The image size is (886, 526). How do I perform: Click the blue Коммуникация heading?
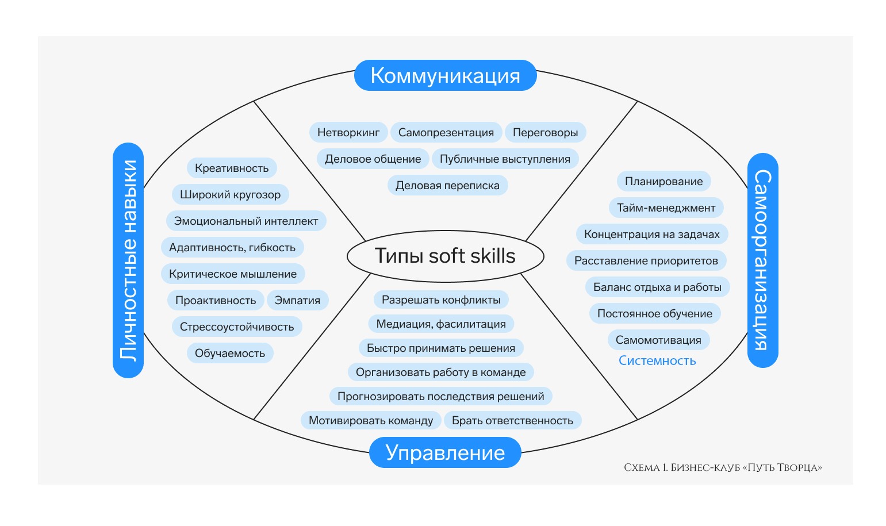pyautogui.click(x=445, y=75)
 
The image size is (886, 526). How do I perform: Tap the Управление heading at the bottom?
pyautogui.click(x=445, y=452)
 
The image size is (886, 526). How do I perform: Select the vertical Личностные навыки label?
pyautogui.click(x=128, y=260)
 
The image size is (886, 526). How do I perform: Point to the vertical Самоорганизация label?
pyautogui.click(x=762, y=260)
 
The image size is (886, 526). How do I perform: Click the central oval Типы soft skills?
pyautogui.click(x=445, y=256)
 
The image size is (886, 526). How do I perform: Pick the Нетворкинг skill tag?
pyautogui.click(x=348, y=133)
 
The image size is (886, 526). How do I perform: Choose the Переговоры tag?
pyautogui.click(x=545, y=133)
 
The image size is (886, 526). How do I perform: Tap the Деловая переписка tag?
pyautogui.click(x=447, y=186)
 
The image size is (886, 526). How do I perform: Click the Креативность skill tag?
pyautogui.click(x=232, y=168)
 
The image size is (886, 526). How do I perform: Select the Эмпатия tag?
pyautogui.click(x=297, y=301)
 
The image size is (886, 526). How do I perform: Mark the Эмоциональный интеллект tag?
pyautogui.click(x=246, y=221)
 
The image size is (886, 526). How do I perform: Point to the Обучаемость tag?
pyautogui.click(x=230, y=354)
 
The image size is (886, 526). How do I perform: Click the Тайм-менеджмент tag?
pyautogui.click(x=666, y=208)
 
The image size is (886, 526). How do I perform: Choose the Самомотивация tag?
pyautogui.click(x=658, y=340)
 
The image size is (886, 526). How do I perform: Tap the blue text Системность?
pyautogui.click(x=657, y=361)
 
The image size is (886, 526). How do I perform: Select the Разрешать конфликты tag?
pyautogui.click(x=441, y=300)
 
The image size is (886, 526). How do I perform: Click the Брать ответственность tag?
pyautogui.click(x=512, y=421)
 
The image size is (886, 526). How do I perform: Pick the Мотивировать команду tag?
pyautogui.click(x=371, y=421)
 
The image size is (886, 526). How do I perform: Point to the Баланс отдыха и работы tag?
pyautogui.click(x=657, y=287)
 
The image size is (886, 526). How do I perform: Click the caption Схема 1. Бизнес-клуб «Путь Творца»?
pyautogui.click(x=723, y=468)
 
